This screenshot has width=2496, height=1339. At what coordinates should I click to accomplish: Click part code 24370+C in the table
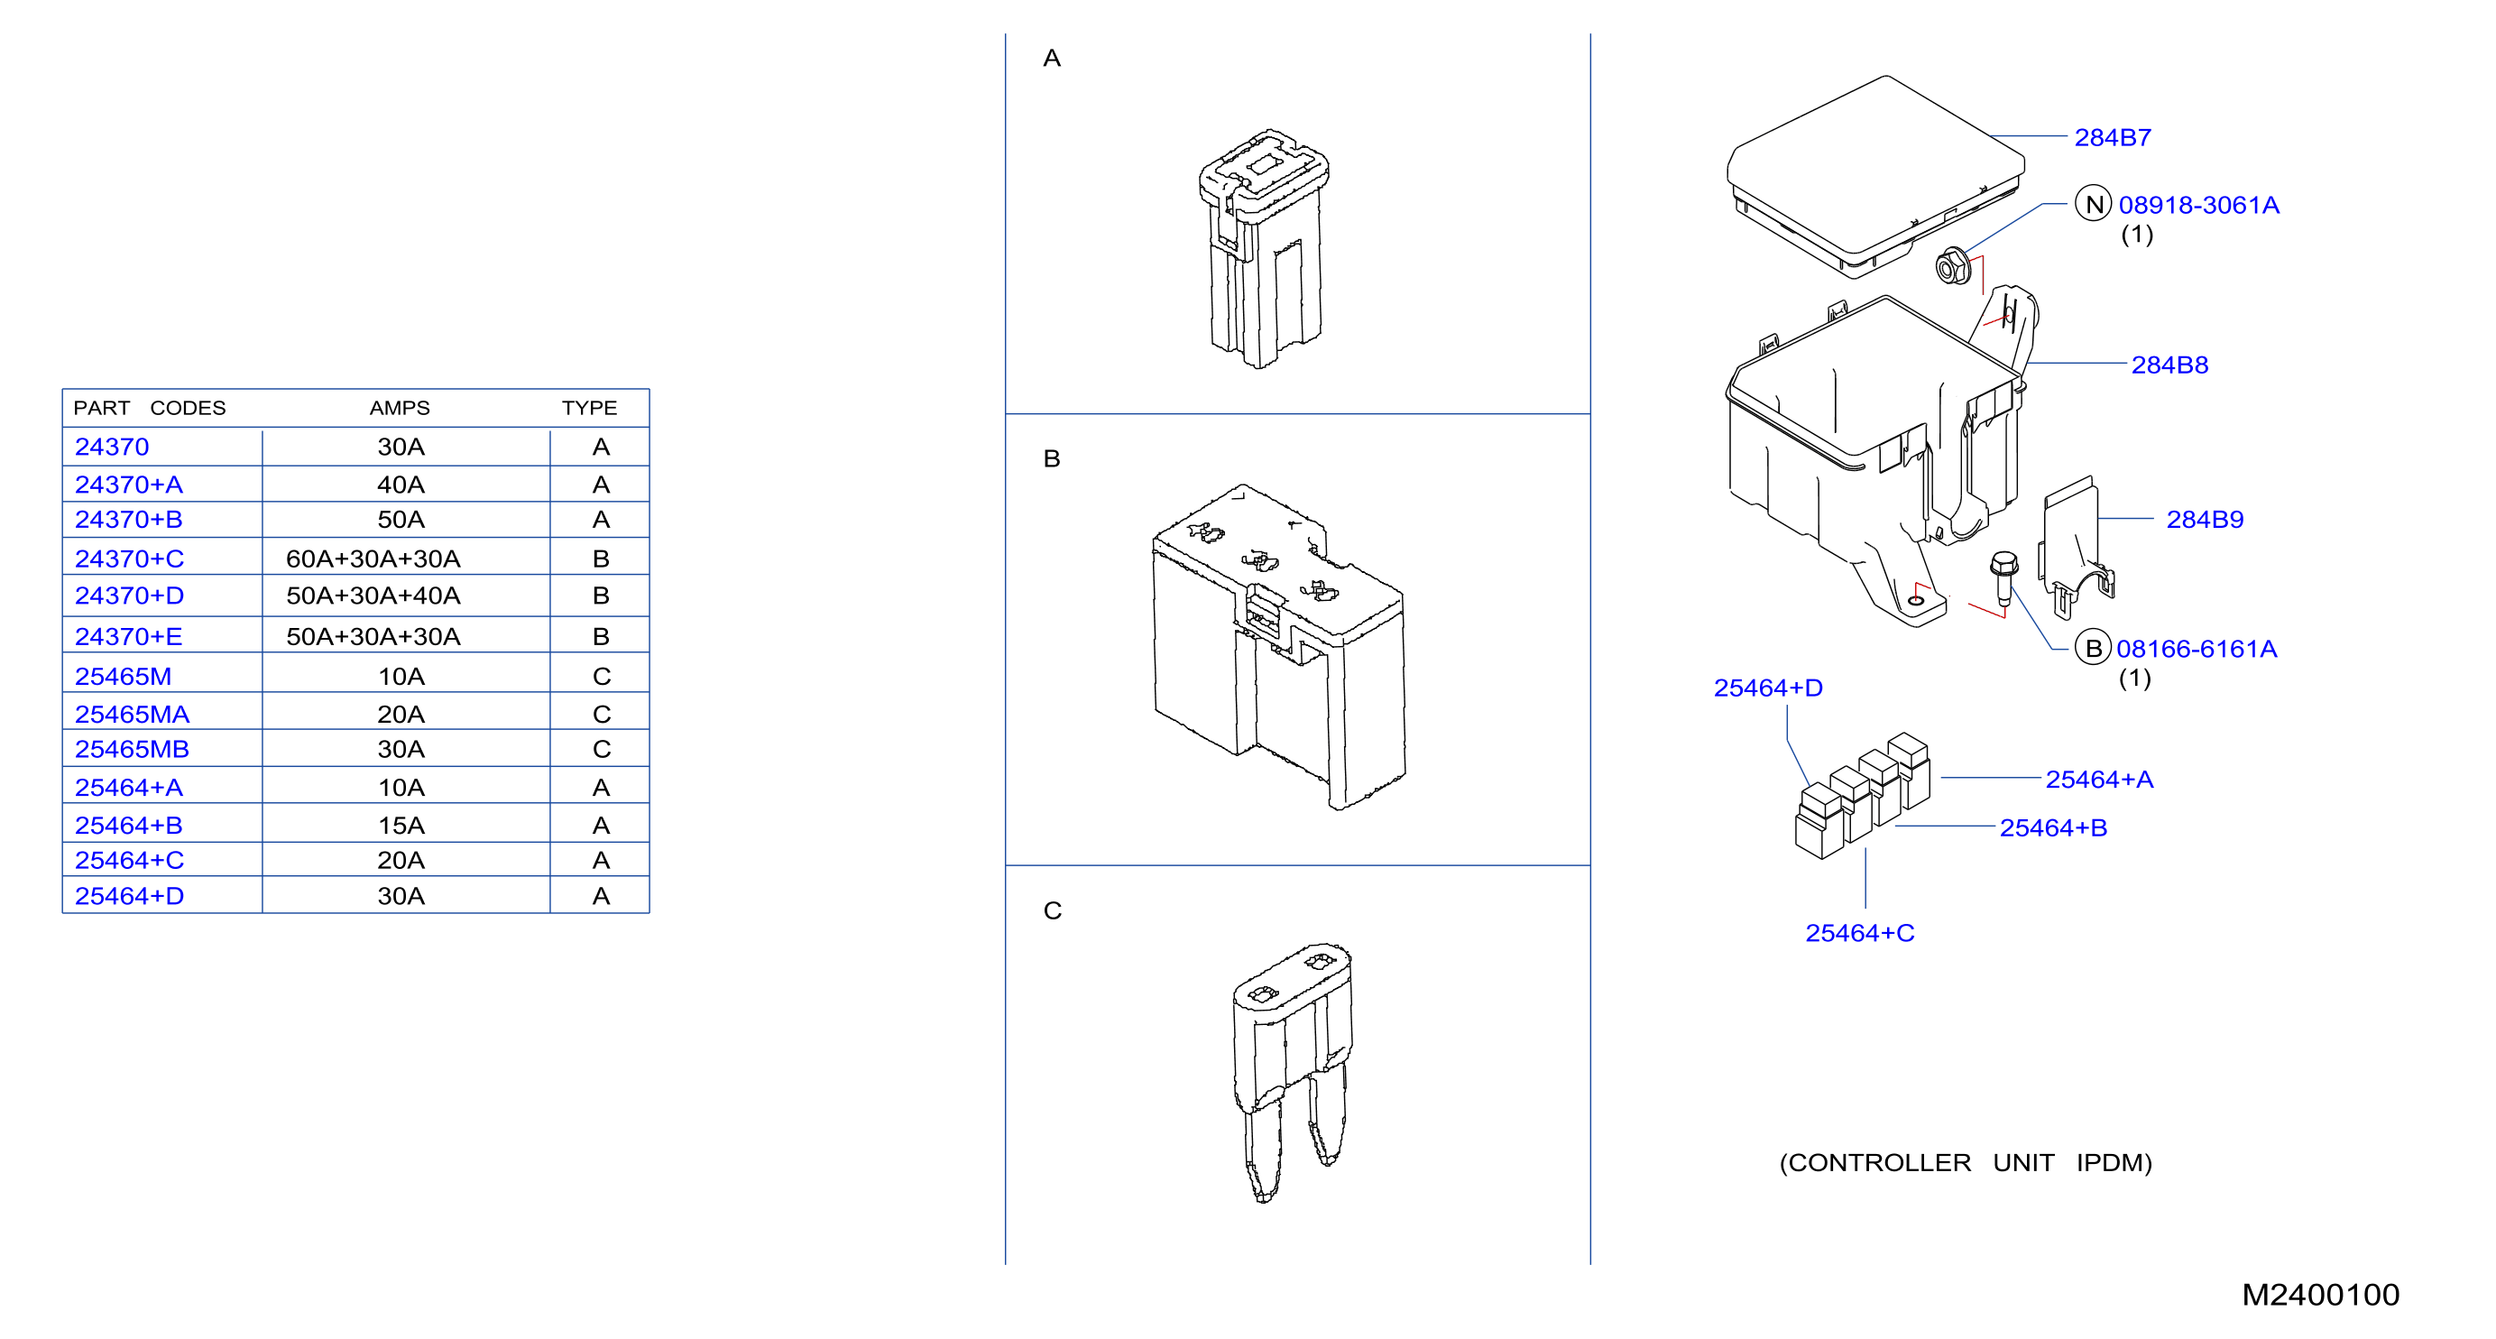pos(129,559)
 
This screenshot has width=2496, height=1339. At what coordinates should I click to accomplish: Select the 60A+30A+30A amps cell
pos(373,559)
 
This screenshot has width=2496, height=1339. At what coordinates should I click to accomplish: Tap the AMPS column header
pos(400,408)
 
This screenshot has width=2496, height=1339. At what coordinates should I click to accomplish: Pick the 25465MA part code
pos(132,714)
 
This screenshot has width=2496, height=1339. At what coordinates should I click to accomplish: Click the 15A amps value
pos(401,826)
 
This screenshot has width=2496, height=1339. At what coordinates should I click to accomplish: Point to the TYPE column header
pos(589,408)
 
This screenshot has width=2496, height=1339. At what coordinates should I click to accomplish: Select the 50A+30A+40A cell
pos(373,596)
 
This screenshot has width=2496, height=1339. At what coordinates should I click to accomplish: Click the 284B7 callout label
pos(2113,137)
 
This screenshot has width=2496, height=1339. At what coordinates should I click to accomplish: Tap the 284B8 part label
pos(2169,365)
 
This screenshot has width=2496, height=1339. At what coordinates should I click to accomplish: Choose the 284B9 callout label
pos(2205,520)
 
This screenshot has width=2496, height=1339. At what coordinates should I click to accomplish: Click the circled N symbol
pos(2093,205)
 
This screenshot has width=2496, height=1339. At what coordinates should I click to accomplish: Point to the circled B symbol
pos(2093,648)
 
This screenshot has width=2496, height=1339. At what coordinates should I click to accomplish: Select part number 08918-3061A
pos(2198,206)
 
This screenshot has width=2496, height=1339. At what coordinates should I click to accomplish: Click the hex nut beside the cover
pos(1952,265)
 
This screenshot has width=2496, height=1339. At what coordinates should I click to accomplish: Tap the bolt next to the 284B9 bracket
pos(2003,578)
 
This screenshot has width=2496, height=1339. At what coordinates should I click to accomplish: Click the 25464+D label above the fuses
pos(1768,688)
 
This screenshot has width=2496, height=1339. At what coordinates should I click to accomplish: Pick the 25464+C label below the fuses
pos(1859,933)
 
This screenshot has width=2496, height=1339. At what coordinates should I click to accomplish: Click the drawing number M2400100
pos(2321,1296)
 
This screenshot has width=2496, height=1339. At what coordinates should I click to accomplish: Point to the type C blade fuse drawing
pos(1292,1072)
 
